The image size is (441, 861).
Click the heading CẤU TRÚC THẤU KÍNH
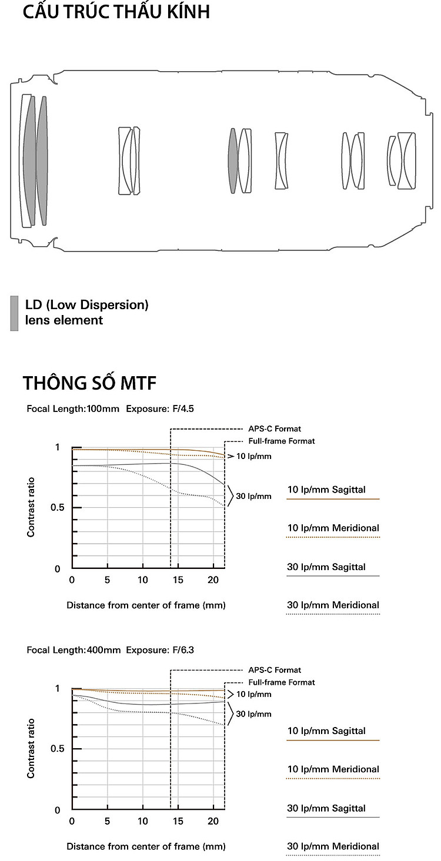116,12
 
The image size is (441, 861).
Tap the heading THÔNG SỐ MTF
90,383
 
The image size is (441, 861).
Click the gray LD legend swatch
14,313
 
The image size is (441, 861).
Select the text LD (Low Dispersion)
86,305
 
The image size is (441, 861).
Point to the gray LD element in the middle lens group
233,160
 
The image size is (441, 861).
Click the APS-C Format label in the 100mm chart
274,429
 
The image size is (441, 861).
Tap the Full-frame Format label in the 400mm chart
281,682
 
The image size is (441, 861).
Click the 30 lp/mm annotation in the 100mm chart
253,496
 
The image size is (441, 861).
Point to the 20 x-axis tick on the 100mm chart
213,580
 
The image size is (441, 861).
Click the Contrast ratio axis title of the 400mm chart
31,748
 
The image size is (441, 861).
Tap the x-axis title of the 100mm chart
146,605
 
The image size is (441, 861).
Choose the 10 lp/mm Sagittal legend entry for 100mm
326,490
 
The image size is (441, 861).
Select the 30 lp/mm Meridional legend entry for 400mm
333,846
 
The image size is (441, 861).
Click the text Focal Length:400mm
73,650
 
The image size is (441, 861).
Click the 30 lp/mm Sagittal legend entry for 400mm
326,808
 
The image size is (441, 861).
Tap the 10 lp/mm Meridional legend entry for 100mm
333,528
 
